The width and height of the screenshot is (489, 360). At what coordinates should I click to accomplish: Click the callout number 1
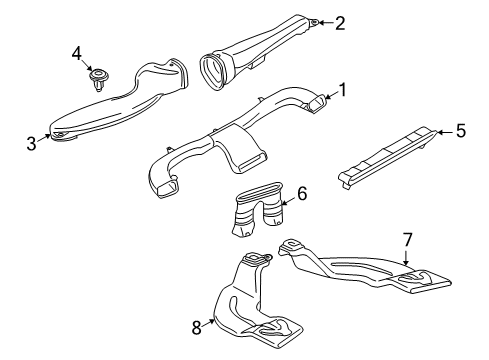(342, 91)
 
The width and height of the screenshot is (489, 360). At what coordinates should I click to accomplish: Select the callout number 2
(339, 22)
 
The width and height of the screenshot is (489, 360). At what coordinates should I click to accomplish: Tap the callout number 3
(31, 142)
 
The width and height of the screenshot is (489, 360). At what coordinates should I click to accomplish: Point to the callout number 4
(76, 52)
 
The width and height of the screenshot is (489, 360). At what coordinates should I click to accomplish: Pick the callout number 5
(461, 130)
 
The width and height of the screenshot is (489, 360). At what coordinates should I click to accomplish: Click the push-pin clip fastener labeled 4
(99, 76)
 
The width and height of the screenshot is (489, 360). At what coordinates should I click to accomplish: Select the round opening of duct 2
(216, 71)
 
